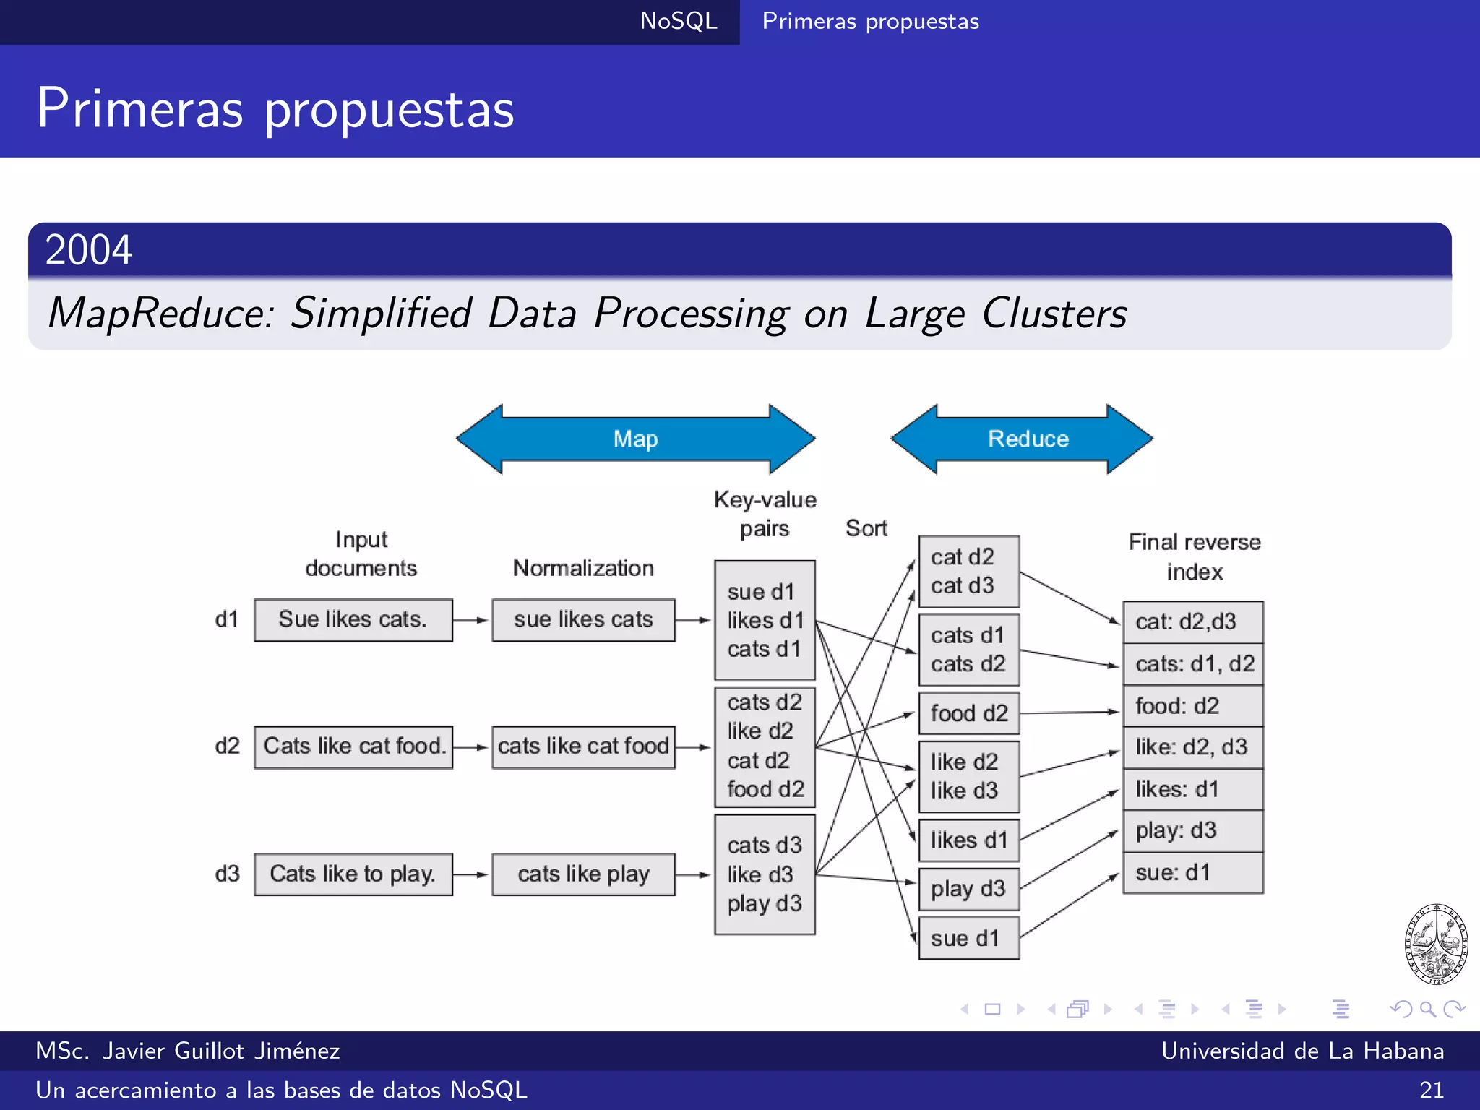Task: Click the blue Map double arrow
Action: point(636,439)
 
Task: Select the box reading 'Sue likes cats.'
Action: point(353,619)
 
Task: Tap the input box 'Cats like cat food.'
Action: point(353,747)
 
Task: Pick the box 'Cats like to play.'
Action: point(353,874)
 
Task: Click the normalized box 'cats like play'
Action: point(583,874)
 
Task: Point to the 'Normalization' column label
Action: point(583,568)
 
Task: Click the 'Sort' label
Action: point(866,528)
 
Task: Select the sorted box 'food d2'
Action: point(968,713)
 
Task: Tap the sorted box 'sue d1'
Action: point(968,938)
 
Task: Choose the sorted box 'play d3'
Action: point(968,888)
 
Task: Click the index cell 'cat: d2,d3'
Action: point(1192,621)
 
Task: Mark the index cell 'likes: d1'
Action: point(1192,788)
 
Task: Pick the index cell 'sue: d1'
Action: point(1192,872)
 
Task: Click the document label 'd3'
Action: point(227,874)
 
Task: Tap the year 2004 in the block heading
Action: point(89,250)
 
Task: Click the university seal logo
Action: point(1436,944)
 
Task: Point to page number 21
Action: point(1431,1090)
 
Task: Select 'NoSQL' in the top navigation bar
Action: point(679,21)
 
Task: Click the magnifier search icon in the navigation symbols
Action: point(1427,1009)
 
